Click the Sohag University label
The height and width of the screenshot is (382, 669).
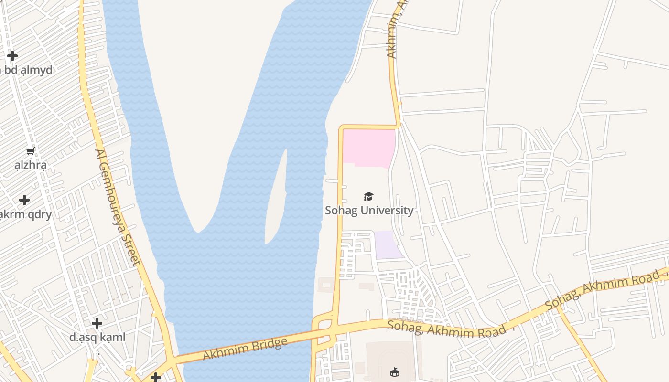tap(369, 210)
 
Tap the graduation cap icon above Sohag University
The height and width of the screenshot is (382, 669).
tap(368, 196)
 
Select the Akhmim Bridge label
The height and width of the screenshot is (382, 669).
tap(245, 349)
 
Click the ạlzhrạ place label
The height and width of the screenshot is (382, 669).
tap(31, 166)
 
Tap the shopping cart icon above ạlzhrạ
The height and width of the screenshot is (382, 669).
tap(31, 151)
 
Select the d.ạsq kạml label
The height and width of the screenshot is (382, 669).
tap(97, 337)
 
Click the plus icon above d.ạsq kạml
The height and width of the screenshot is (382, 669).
tap(97, 323)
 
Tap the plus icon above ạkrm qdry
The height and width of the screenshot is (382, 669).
tap(24, 200)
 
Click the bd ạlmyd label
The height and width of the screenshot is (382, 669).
tap(26, 70)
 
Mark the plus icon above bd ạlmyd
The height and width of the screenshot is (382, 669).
tap(12, 56)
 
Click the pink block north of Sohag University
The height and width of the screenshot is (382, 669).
tap(369, 147)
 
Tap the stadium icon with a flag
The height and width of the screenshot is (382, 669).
tap(395, 372)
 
